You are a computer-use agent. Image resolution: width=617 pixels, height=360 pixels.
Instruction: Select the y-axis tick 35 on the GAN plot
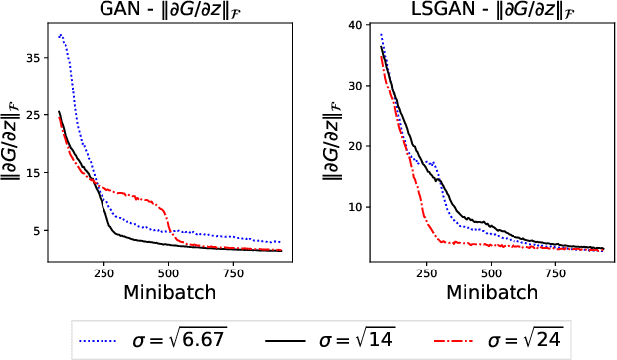tap(28, 58)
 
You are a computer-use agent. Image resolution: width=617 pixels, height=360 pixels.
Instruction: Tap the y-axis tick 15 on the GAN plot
tap(28, 173)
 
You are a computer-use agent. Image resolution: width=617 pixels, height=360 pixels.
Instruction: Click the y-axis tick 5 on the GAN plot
tap(32, 231)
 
